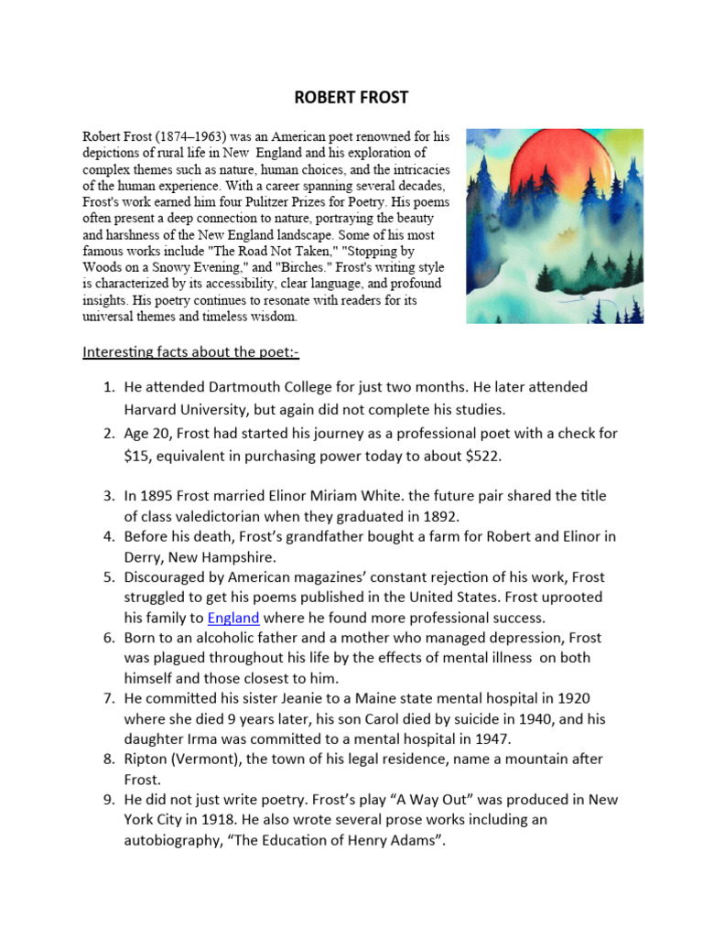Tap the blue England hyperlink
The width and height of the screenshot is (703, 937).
point(233,618)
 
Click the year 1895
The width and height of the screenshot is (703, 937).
point(158,496)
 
